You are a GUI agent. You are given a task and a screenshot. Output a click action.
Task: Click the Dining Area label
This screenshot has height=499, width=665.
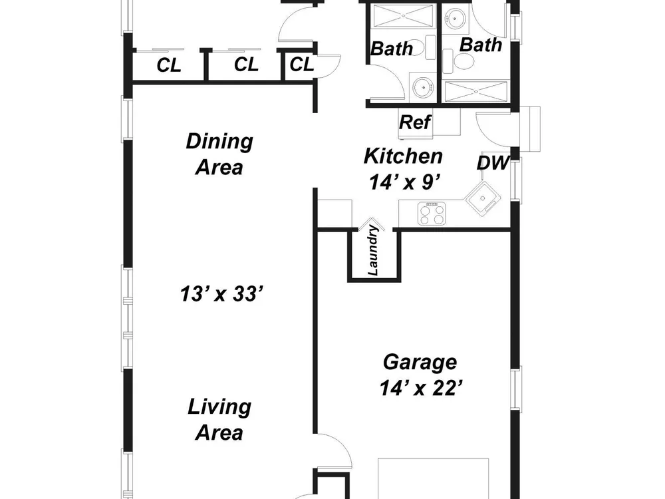pos(219,154)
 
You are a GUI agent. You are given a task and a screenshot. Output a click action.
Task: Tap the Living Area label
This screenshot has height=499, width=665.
pos(219,420)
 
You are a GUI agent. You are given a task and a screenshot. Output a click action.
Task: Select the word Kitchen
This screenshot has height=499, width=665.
pos(404,156)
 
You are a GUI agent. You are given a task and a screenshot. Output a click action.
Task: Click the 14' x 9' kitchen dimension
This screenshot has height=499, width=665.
pos(404,182)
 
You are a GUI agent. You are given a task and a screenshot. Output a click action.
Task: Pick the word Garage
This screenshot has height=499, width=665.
pos(420,363)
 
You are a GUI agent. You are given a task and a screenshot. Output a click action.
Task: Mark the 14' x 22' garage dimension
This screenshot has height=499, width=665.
pos(420,389)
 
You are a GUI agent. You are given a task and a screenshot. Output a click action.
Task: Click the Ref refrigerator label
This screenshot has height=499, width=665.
pos(415,122)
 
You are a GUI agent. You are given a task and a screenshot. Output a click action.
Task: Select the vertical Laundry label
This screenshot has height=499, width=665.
pos(373,250)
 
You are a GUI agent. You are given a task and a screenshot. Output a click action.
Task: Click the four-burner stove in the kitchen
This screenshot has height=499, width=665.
pos(432,214)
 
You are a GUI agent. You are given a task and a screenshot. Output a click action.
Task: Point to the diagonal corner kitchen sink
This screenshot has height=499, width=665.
pos(483,198)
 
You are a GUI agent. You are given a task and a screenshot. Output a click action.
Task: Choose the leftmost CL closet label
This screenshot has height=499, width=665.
pos(169,66)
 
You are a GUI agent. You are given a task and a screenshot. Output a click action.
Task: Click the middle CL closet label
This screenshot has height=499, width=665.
pos(246,65)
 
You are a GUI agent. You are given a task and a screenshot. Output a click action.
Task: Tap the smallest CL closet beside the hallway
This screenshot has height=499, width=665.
pos(302,65)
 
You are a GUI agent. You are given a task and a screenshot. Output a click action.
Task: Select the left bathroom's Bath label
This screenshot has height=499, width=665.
pos(392,49)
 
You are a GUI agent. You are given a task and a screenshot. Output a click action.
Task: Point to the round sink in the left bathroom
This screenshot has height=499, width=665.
pos(423,88)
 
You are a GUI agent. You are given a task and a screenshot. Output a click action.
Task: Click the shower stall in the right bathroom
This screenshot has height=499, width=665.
pos(475,91)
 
